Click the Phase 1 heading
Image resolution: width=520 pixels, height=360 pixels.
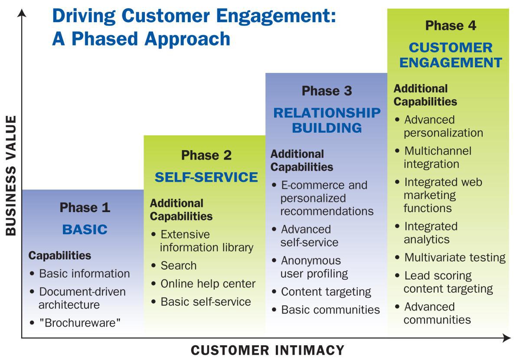[x=85, y=207]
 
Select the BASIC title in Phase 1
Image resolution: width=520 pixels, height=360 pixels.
[x=85, y=229]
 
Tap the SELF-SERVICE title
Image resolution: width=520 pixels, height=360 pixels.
[x=206, y=177]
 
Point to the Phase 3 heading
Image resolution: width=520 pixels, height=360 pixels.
[x=327, y=91]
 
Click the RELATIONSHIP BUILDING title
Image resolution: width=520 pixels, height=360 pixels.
[x=327, y=120]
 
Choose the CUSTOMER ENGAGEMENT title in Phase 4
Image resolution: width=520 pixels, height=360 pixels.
[x=451, y=55]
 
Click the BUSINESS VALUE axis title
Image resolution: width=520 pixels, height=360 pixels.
[x=10, y=175]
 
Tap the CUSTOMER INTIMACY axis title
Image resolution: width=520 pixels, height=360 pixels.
[x=268, y=350]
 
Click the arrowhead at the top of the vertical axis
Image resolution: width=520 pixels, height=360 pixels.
[x=22, y=13]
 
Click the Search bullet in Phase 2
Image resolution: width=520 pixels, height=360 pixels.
[x=178, y=265]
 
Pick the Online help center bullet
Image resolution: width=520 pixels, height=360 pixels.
[x=208, y=284]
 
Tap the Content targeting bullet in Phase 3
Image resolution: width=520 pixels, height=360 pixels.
[x=326, y=292]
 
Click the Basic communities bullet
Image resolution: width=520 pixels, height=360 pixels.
[x=330, y=310]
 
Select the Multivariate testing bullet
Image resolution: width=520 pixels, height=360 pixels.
[x=455, y=258]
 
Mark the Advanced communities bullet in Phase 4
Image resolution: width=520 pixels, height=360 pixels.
[x=437, y=313]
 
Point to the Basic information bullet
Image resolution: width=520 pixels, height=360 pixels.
[x=84, y=274]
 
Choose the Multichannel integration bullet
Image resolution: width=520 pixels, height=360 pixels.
[x=437, y=157]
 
